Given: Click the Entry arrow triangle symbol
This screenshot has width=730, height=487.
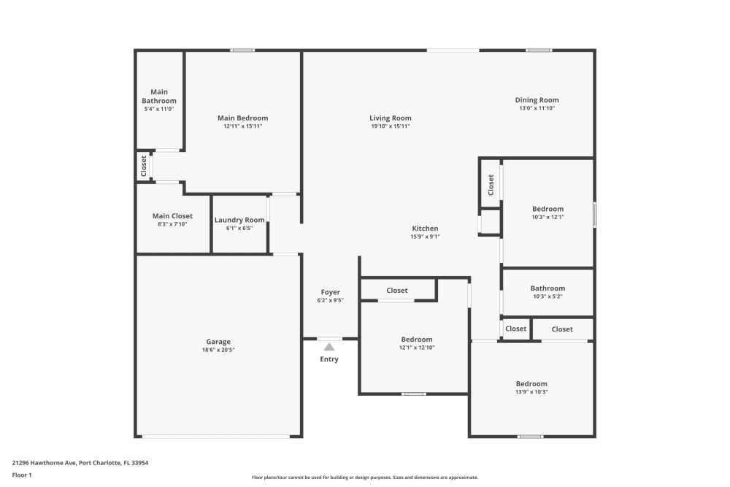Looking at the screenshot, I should coord(329,347).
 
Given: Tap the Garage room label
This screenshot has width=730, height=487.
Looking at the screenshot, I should coord(218,342).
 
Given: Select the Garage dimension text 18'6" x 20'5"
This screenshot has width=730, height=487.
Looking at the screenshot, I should coord(218,350).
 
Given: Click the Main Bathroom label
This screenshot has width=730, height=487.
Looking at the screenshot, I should coord(159,96).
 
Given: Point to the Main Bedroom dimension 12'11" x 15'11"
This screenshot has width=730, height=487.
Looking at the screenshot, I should coord(242,126).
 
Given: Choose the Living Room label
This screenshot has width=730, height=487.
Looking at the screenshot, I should coord(390,118).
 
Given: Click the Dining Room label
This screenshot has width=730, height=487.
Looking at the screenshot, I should coord(537,100).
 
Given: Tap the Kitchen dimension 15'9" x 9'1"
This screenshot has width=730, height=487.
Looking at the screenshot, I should coord(425,237).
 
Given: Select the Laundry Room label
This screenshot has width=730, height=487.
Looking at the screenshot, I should coord(239,220).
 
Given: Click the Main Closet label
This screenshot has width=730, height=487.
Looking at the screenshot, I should coord(172,216).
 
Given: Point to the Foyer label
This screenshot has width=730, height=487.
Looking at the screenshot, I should coord(330,292).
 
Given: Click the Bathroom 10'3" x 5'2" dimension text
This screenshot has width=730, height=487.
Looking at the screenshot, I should coord(547,296).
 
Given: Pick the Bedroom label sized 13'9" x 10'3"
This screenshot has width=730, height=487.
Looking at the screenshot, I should coord(531,384).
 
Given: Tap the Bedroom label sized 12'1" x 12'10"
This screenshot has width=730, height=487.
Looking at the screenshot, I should coord(416,340).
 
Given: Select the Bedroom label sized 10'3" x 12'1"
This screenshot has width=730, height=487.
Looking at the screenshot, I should coord(547,209).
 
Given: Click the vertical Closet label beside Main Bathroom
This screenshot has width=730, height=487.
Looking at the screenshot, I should coord(144,166).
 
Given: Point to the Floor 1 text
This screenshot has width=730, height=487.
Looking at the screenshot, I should coord(22,475).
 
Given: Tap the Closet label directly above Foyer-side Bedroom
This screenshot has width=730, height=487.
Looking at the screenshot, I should coord(397,291).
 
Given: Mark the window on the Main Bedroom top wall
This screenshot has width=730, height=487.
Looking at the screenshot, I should coord(242,50).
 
